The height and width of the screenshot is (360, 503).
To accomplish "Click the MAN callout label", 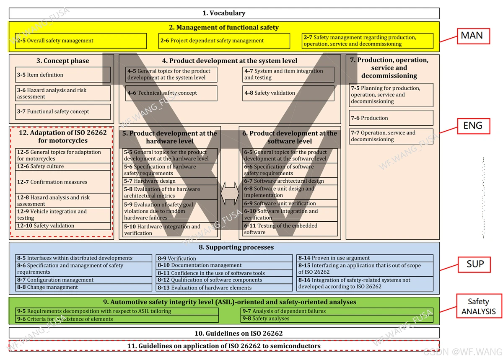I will tap(472, 36).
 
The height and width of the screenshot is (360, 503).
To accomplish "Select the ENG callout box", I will tap(472, 125).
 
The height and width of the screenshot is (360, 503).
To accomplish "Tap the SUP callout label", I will tap(475, 264).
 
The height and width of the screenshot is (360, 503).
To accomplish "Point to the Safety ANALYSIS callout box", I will tap(478, 306).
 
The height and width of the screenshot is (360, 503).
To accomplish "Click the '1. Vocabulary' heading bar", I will tap(224, 13).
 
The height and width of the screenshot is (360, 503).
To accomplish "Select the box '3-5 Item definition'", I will tap(63, 75).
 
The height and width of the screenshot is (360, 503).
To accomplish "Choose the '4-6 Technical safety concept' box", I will tap(171, 93).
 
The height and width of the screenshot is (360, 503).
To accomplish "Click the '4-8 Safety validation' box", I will tap(288, 93).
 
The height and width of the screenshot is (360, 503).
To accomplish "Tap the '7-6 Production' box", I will tap(391, 118).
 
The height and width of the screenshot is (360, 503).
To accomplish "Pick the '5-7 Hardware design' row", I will tap(170, 181).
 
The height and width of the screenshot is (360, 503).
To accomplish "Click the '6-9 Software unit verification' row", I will tap(290, 203).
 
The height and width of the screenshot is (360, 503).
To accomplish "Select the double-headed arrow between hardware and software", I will tap(229, 194).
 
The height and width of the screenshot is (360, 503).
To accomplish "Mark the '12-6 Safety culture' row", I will tap(63, 166).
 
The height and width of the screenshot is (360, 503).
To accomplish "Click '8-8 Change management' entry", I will tap(83, 287).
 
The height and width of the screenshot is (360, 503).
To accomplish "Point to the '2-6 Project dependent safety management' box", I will tap(224, 41).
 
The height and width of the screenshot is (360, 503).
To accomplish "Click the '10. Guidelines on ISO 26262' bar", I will tap(224, 333).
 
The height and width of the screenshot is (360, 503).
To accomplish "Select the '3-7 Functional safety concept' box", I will tap(63, 111).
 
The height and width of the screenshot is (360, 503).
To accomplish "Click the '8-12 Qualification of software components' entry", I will tap(224, 280).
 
